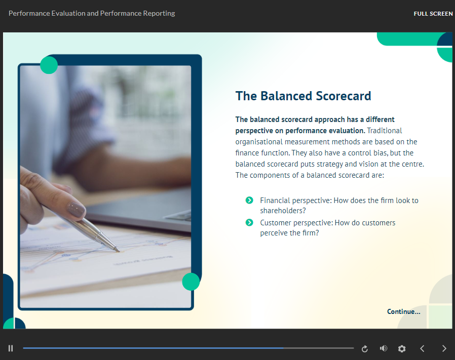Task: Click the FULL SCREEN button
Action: click(433, 14)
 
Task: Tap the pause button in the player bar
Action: click(11, 348)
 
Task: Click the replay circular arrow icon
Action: click(365, 348)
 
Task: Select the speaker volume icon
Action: click(384, 348)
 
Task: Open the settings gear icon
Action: click(402, 348)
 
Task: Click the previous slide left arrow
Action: click(422, 348)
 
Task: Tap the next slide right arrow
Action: click(444, 348)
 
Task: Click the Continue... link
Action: click(403, 311)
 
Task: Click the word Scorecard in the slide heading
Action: click(344, 96)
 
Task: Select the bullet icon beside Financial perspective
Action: click(249, 200)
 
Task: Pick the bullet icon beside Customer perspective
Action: click(249, 222)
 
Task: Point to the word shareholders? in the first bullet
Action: click(283, 211)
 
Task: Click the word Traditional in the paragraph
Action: click(385, 131)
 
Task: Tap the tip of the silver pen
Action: click(119, 251)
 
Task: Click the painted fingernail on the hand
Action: click(76, 210)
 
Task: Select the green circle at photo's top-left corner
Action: click(49, 65)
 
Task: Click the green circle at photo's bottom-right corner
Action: click(191, 282)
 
